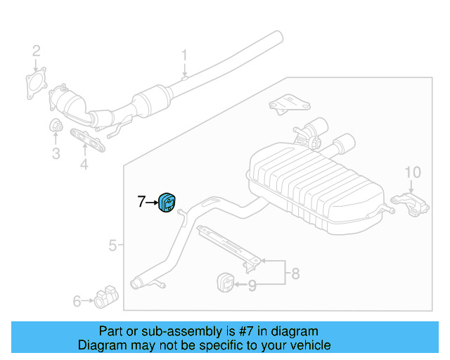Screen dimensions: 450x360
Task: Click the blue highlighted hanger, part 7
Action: point(167,202)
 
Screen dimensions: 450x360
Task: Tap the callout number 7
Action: point(141,202)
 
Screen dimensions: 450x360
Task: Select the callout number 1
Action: point(184,55)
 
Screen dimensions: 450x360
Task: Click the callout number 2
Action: point(36,51)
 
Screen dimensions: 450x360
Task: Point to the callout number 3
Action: point(56,153)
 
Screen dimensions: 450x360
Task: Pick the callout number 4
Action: point(84,165)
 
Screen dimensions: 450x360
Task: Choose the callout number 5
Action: point(112,245)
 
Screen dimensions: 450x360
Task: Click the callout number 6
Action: point(77,301)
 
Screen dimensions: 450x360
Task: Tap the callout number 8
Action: point(295,274)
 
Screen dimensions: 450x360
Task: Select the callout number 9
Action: point(252,285)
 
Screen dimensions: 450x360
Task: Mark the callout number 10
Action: point(413,172)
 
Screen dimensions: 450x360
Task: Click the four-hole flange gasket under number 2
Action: point(36,83)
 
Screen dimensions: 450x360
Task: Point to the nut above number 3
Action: point(56,125)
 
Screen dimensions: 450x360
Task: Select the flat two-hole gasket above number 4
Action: point(87,140)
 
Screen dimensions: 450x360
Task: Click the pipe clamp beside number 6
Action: point(106,297)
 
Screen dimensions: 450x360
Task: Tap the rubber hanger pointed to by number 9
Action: point(225,283)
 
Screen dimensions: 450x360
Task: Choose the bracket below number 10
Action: point(411,204)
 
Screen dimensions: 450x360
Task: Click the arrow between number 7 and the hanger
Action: point(152,202)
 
